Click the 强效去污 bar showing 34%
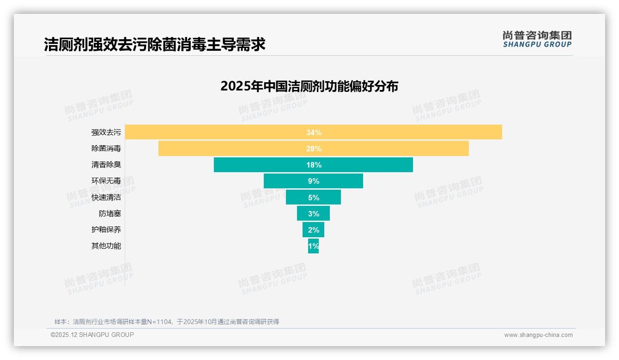[313, 132]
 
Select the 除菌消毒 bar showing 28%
[313, 149]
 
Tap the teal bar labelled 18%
[313, 165]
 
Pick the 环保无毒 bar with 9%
[313, 181]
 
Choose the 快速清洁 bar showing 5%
[313, 197]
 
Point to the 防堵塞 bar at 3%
[313, 213]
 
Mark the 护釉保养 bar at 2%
[313, 229]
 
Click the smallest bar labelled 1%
[313, 246]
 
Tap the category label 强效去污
[106, 132]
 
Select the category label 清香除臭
[106, 165]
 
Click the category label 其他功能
[106, 246]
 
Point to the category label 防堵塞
[109, 214]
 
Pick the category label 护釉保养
[106, 229]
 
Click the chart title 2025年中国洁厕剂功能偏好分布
[309, 86]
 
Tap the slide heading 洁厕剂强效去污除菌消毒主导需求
[155, 45]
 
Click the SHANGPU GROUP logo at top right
[537, 39]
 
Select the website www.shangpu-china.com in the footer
[538, 335]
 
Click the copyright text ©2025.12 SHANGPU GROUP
[92, 335]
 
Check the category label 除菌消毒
[106, 149]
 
